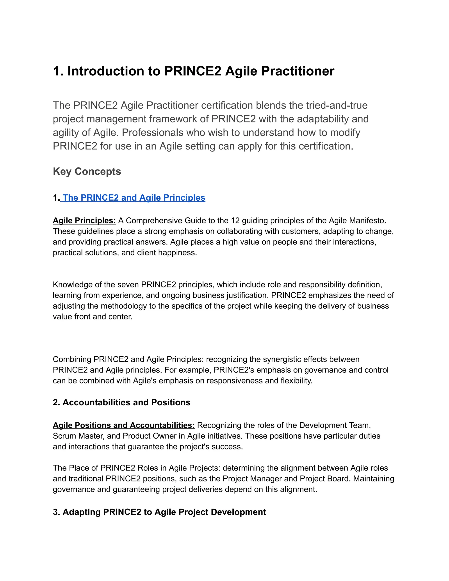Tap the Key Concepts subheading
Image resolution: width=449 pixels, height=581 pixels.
pos(87,171)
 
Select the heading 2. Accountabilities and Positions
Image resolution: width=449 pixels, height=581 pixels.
pos(121,402)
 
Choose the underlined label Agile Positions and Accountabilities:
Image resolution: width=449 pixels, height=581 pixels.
pos(124,425)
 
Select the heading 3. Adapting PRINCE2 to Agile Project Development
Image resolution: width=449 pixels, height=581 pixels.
pos(159,512)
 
